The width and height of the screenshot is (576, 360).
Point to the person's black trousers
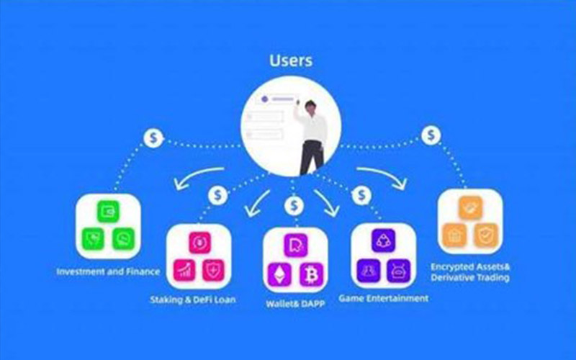[x=312, y=156]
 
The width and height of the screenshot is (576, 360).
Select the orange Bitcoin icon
[x=312, y=274]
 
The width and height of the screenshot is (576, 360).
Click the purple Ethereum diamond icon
[x=277, y=274]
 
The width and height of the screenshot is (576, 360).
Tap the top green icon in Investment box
[x=108, y=211]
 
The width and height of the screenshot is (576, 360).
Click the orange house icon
[x=454, y=234]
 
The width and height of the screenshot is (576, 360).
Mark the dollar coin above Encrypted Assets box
[x=431, y=135]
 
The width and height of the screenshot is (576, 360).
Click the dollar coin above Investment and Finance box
[x=153, y=137]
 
